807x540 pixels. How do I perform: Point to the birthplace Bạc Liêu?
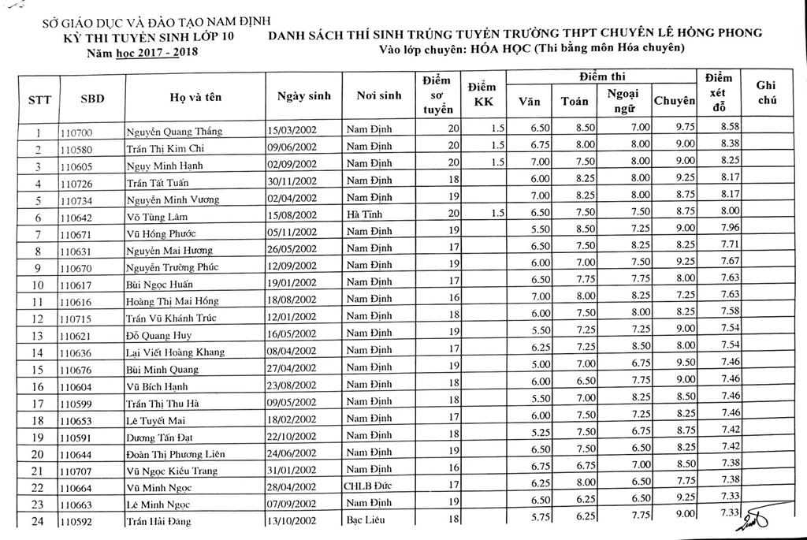click(367, 520)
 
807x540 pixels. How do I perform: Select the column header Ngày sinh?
click(303, 97)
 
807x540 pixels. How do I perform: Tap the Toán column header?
click(573, 102)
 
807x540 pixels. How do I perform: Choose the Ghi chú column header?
click(766, 92)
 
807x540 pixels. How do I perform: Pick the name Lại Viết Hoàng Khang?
click(175, 352)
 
